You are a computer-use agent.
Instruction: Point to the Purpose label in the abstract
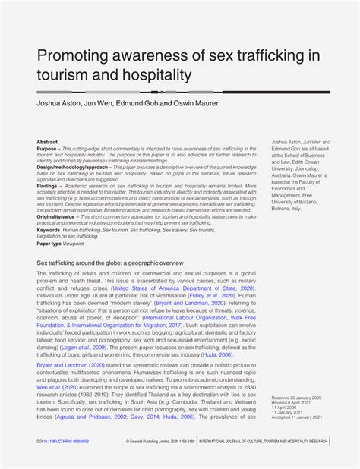pyautogui.click(x=48, y=148)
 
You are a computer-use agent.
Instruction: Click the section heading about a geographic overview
pyautogui.click(x=110, y=263)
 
